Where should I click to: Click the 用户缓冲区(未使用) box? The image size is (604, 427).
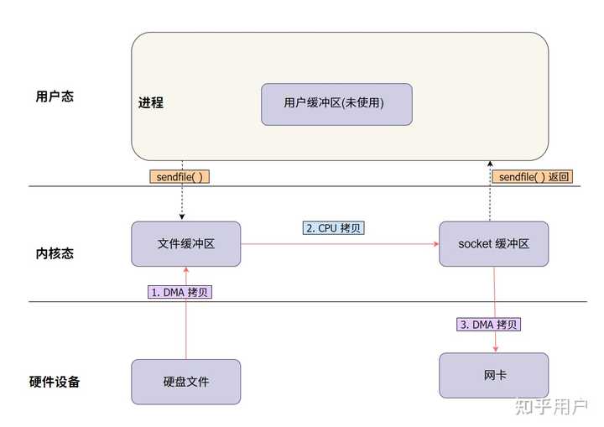(336, 103)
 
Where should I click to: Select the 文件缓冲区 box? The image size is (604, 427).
(185, 244)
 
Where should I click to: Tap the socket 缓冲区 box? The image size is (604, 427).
(493, 244)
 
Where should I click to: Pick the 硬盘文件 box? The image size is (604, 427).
(185, 382)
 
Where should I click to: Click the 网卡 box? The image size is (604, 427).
(493, 375)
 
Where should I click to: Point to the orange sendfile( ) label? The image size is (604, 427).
(180, 177)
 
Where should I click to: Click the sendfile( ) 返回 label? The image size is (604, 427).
(534, 177)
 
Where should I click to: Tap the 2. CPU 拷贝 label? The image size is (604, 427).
(333, 228)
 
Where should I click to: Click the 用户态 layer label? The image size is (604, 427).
(55, 96)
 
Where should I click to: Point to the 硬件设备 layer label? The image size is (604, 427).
(55, 382)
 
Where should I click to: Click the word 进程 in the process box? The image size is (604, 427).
(151, 103)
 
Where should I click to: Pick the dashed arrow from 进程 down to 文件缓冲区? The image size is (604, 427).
(182, 201)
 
